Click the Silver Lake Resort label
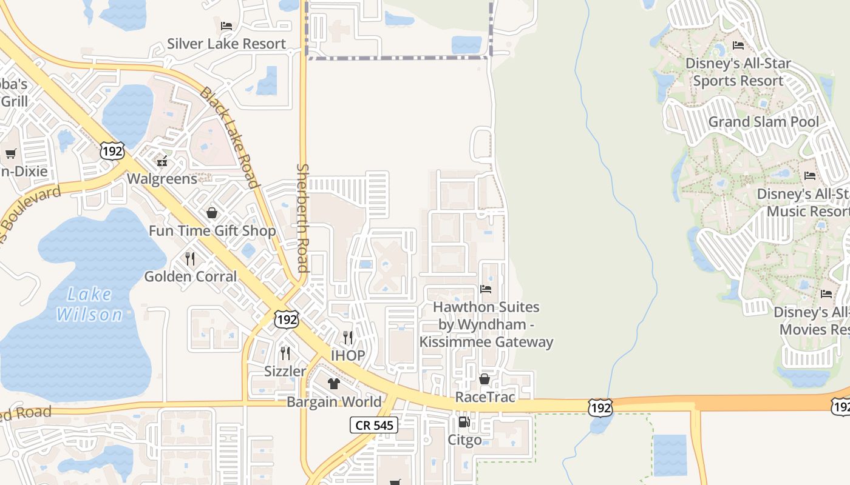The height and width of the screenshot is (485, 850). point(226,44)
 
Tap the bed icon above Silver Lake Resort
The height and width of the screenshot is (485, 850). point(226,26)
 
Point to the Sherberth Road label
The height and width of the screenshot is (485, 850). point(302,218)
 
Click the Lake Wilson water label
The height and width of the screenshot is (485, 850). point(89,304)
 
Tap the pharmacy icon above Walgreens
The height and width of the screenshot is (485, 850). point(162,161)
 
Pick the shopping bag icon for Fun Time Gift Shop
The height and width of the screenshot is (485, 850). point(212,213)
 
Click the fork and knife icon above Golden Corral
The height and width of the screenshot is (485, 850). point(190,259)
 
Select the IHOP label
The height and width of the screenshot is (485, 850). point(348,355)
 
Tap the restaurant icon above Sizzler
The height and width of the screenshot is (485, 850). point(285,353)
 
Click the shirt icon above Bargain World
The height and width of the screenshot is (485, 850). point(334,384)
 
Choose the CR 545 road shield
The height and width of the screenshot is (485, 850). point(374,425)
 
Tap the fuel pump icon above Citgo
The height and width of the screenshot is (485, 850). point(464,422)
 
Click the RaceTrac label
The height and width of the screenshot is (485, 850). point(485,397)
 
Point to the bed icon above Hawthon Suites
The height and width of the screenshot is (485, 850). point(486,289)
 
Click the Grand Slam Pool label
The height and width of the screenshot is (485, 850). point(763,122)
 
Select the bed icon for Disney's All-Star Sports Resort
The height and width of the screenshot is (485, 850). point(738,45)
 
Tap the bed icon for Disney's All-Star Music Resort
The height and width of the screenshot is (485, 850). point(810,176)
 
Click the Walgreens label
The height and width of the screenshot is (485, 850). point(162,179)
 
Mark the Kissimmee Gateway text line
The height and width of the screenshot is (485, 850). point(486,342)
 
